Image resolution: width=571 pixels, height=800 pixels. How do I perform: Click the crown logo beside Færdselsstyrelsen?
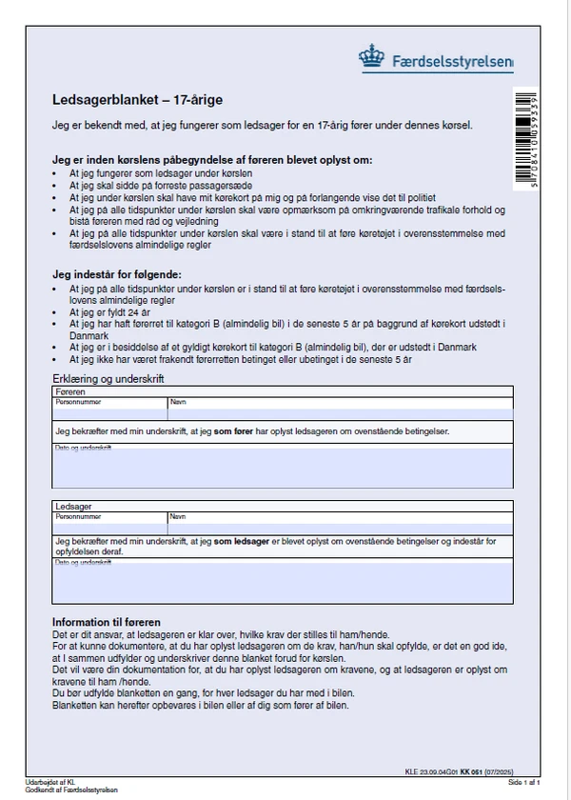(x=371, y=56)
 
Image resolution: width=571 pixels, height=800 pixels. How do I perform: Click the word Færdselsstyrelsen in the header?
(x=452, y=63)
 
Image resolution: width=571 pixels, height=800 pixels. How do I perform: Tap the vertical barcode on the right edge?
(x=524, y=138)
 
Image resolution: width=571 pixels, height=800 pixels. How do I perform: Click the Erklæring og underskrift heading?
(x=108, y=379)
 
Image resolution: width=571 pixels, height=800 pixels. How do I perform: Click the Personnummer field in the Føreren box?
(x=109, y=412)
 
